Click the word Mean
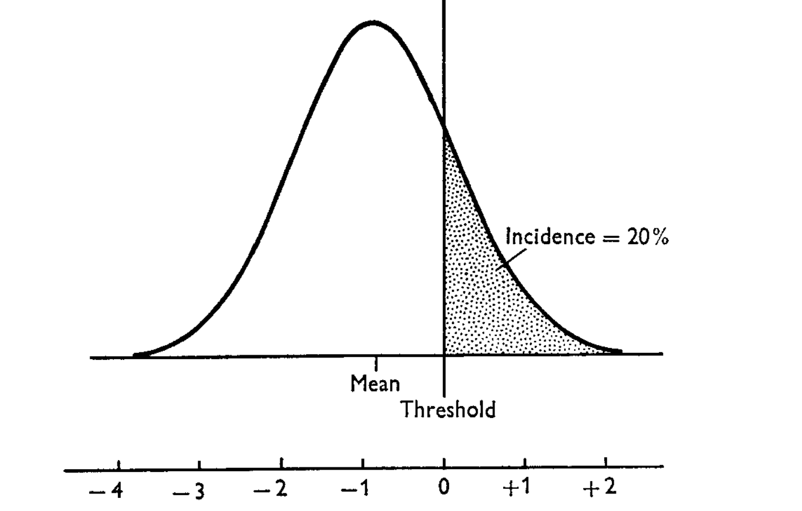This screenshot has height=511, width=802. pyautogui.click(x=375, y=384)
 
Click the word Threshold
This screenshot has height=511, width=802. pyautogui.click(x=448, y=409)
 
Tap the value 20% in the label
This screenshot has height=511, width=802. pyautogui.click(x=648, y=237)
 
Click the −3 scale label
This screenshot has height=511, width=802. pyautogui.click(x=188, y=491)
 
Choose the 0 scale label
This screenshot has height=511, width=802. pyautogui.click(x=444, y=487)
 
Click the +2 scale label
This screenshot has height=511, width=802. pyautogui.click(x=599, y=487)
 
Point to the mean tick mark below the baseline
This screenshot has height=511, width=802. pyautogui.click(x=375, y=364)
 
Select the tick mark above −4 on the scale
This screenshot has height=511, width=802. pyautogui.click(x=119, y=465)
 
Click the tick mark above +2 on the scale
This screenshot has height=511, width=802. pyautogui.click(x=606, y=462)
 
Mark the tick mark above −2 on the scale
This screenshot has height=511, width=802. pyautogui.click(x=281, y=463)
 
